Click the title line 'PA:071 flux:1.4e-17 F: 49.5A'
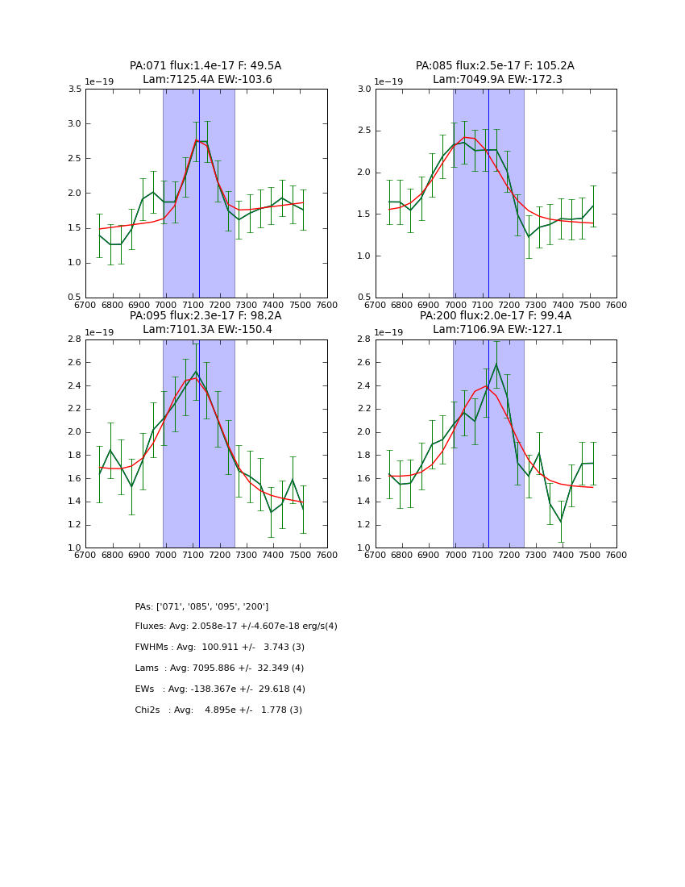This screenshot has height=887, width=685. pyautogui.click(x=205, y=66)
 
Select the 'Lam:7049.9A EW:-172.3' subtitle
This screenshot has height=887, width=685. pyautogui.click(x=496, y=79)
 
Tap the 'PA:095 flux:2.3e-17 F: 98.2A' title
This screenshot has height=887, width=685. pyautogui.click(x=205, y=316)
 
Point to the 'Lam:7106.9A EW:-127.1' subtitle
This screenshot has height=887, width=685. pyautogui.click(x=496, y=329)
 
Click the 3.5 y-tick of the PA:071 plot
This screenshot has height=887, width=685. pyautogui.click(x=74, y=90)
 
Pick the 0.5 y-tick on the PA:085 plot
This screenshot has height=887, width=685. pyautogui.click(x=364, y=298)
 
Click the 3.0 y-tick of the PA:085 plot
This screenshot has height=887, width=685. pyautogui.click(x=364, y=90)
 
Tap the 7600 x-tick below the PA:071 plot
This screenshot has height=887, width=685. pyautogui.click(x=327, y=304)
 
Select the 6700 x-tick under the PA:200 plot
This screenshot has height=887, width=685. pyautogui.click(x=376, y=554)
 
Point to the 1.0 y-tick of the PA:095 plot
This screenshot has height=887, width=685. pyautogui.click(x=74, y=548)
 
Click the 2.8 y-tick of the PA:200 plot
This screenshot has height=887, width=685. pyautogui.click(x=364, y=339)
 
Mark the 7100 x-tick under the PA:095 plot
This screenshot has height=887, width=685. pyautogui.click(x=193, y=554)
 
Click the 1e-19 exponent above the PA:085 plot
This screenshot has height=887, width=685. pyautogui.click(x=388, y=82)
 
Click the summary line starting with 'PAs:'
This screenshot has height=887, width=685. pyautogui.click(x=201, y=606)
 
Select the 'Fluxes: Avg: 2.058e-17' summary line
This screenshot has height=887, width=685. pyautogui.click(x=236, y=627)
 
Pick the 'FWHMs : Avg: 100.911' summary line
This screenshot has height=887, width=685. pyautogui.click(x=219, y=648)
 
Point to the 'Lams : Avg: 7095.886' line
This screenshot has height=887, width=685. pyautogui.click(x=219, y=668)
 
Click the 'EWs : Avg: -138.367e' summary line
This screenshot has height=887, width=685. pyautogui.click(x=220, y=689)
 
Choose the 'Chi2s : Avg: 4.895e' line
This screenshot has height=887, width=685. pyautogui.click(x=218, y=710)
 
